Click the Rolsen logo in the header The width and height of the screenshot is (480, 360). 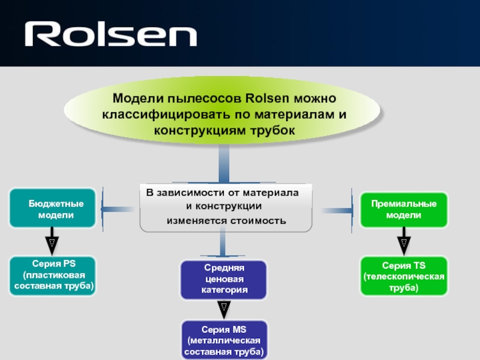(110, 34)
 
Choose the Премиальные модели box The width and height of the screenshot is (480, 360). (403, 209)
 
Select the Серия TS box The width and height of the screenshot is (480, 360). (403, 275)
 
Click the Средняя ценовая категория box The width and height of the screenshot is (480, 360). (223, 280)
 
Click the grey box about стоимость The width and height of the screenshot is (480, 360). (226, 208)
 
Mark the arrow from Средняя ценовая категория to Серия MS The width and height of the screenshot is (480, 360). (223, 309)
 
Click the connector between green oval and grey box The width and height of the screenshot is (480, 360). (224, 164)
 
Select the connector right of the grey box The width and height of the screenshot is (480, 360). (336, 209)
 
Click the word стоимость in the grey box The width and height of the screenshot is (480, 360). (258, 221)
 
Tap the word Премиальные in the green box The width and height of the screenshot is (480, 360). (403, 204)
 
